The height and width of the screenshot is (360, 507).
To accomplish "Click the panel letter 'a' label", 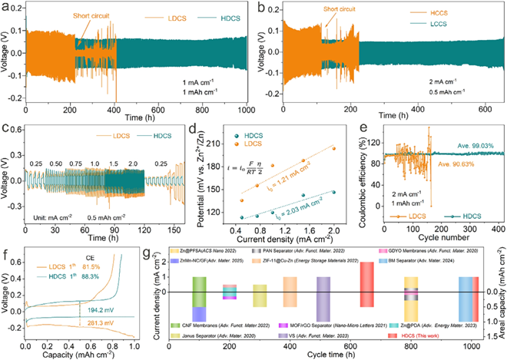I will coord(6,7).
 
